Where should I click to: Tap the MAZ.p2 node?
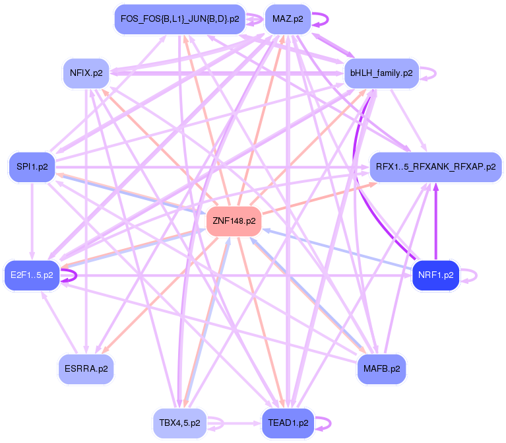[288, 19]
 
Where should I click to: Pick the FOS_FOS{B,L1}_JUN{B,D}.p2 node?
[179, 18]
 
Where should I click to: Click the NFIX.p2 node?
[86, 73]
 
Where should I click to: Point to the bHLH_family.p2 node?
[381, 73]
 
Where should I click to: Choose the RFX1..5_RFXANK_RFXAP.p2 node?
[435, 167]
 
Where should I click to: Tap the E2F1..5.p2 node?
[32, 274]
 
